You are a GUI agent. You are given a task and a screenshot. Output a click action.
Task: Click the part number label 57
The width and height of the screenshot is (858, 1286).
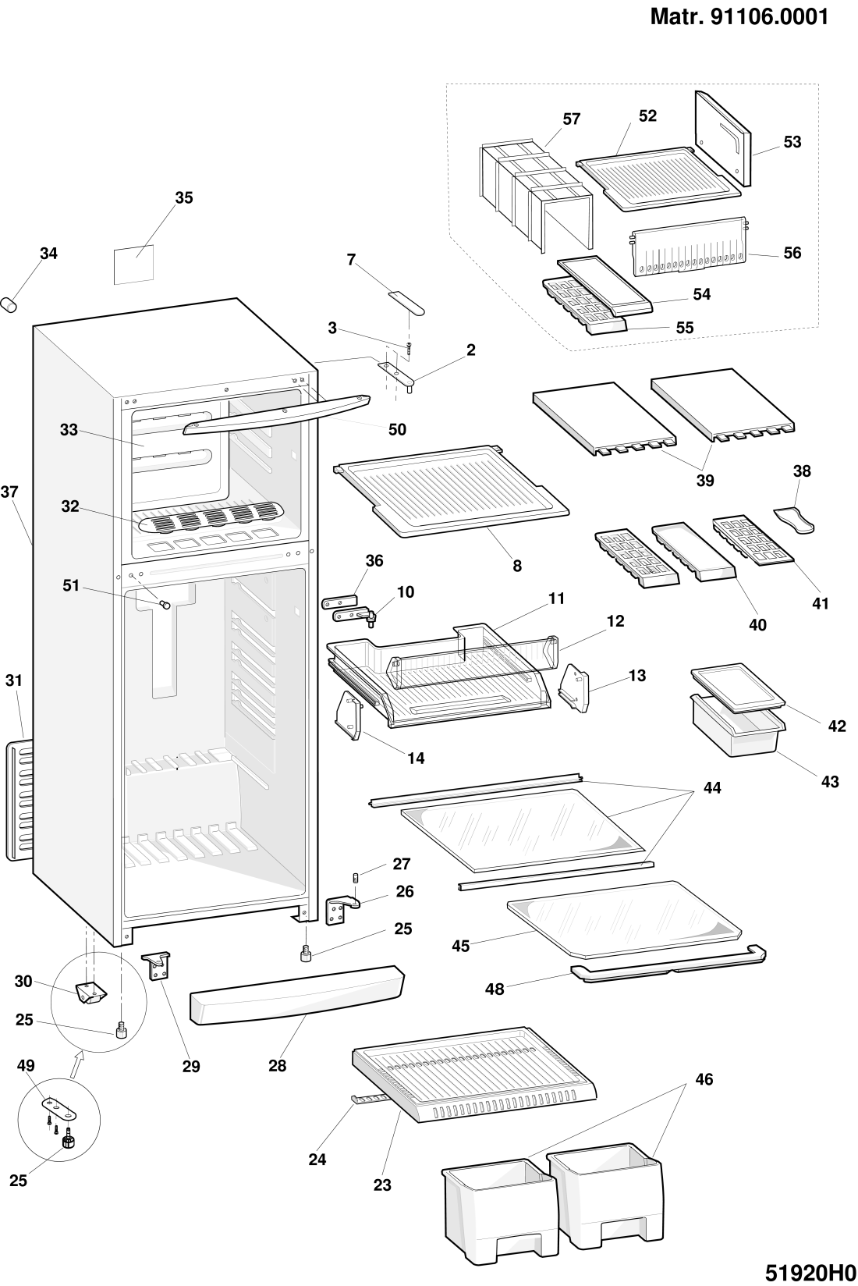pyautogui.click(x=572, y=119)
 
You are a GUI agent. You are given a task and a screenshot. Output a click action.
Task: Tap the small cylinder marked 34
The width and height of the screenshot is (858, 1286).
pyautogui.click(x=10, y=304)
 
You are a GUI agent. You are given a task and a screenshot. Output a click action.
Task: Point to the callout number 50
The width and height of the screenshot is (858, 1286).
pyautogui.click(x=397, y=429)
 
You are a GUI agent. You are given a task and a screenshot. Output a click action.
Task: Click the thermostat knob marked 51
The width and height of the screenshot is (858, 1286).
pyautogui.click(x=165, y=602)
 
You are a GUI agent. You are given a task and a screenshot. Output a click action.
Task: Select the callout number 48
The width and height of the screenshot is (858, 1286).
pyautogui.click(x=495, y=989)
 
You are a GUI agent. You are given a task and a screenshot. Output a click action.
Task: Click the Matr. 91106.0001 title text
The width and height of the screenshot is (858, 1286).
pyautogui.click(x=739, y=16)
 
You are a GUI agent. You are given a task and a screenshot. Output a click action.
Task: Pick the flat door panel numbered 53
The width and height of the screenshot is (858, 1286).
pyautogui.click(x=723, y=137)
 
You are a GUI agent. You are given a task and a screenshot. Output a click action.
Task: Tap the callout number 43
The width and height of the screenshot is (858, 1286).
pyautogui.click(x=830, y=781)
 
